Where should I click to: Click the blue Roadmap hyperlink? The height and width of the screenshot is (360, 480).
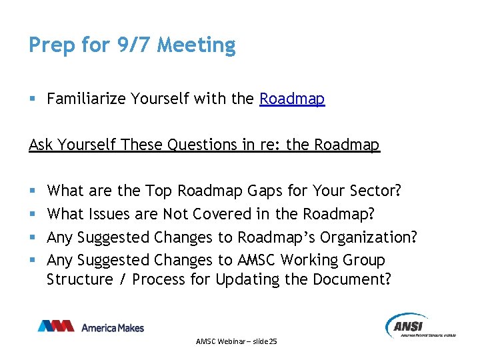tap(292, 99)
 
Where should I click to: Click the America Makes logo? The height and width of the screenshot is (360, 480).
tap(91, 327)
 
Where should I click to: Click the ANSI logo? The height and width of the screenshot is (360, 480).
tap(420, 326)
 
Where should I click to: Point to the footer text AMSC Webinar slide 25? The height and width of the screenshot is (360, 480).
tap(237, 341)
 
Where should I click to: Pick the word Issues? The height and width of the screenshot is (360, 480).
tap(108, 214)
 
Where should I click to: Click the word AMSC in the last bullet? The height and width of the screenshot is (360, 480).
tap(257, 260)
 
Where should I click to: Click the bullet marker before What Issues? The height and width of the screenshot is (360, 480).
tap(33, 215)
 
